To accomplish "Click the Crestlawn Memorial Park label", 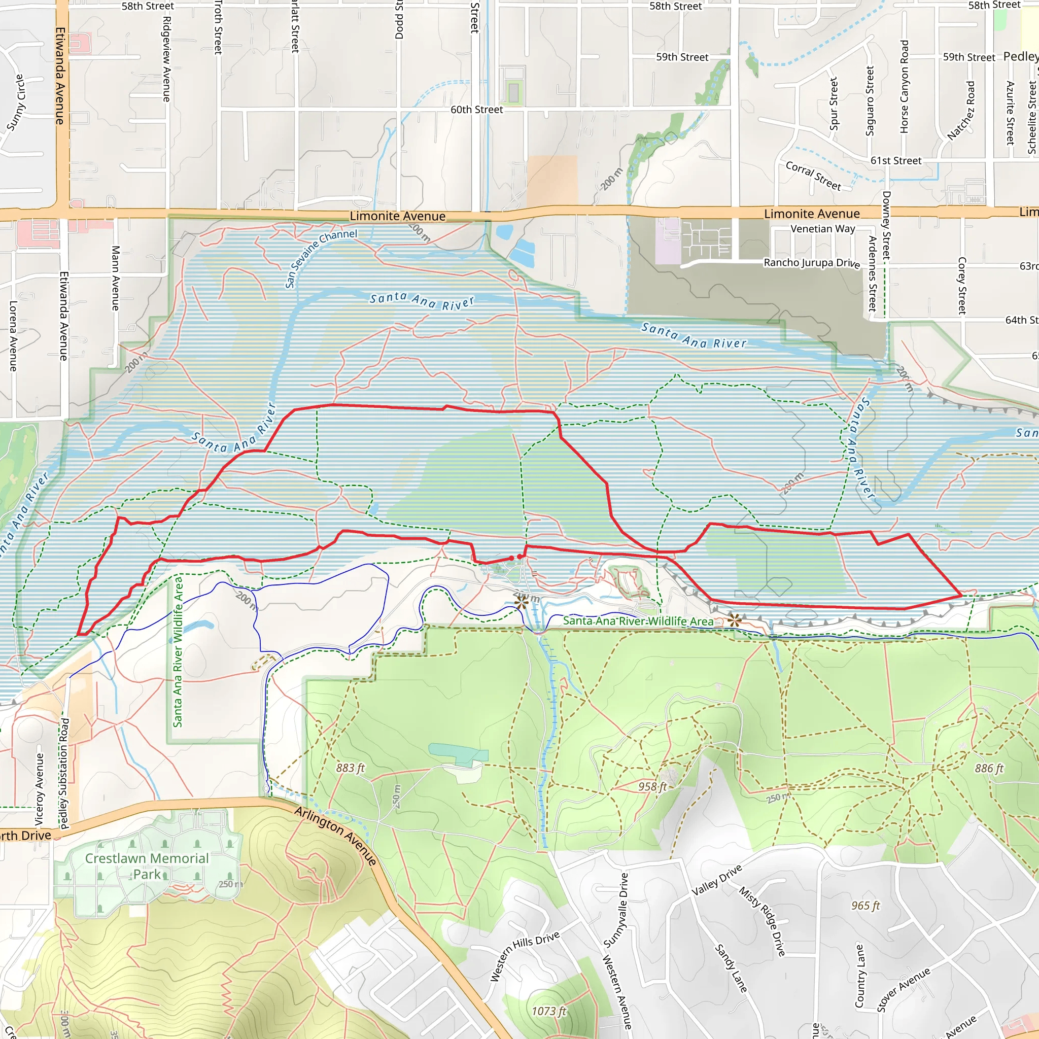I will [x=146, y=866].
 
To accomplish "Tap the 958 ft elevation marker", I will [x=652, y=787].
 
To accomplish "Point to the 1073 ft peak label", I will [x=548, y=1011].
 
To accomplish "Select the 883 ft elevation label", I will [x=350, y=768].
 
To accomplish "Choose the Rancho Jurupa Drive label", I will [x=812, y=263].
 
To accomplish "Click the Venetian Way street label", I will [x=822, y=229].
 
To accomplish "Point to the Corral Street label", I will [x=813, y=176].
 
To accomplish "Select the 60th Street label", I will [x=476, y=110].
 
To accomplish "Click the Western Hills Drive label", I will [x=525, y=956].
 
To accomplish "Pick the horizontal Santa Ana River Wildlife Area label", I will [x=638, y=621].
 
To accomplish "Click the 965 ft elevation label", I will [x=865, y=906].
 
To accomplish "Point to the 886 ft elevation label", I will [x=989, y=769].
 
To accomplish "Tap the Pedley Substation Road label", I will [x=64, y=773].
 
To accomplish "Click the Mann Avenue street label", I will [x=115, y=278].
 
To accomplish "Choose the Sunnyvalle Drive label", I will [x=616, y=911].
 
